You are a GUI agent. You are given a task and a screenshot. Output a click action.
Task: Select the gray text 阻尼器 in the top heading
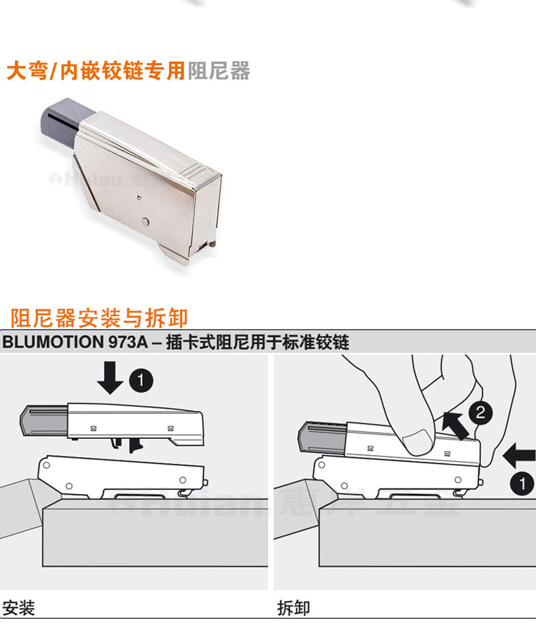[218, 71]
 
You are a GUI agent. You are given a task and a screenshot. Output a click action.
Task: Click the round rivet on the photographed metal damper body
[147, 222]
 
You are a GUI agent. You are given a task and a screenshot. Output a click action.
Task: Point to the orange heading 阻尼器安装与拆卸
[99, 317]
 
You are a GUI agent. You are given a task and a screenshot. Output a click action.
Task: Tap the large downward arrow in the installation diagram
[109, 378]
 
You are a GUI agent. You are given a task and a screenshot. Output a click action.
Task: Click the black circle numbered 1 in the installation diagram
[140, 381]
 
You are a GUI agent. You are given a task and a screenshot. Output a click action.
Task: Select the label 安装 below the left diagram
[18, 608]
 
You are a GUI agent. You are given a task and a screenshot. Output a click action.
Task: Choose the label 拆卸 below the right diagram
[294, 608]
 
